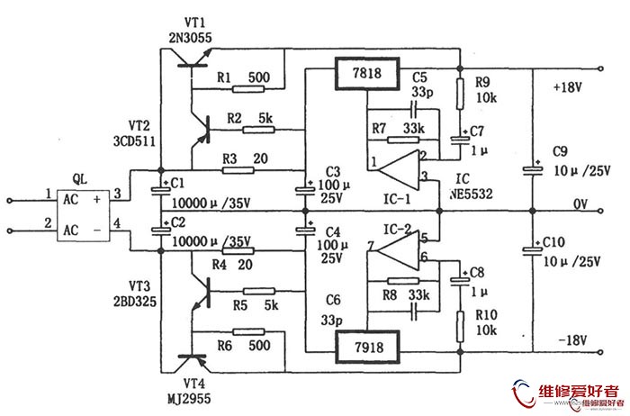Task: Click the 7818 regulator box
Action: pos(367,74)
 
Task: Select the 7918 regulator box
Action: pos(367,347)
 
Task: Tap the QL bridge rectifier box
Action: pos(83,215)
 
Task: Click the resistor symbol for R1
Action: pos(248,88)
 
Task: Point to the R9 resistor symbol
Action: pos(461,94)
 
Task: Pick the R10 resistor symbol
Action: pos(461,326)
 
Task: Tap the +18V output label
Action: pos(567,87)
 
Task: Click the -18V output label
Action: pos(572,340)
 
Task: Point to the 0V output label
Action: pos(580,204)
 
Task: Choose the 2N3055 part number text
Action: pos(190,38)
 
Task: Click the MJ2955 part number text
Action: pos(189,398)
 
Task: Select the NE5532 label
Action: pos(471,194)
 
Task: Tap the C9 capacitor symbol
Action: pos(533,170)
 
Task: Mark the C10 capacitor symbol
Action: pos(533,250)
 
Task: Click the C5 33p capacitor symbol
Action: pos(414,109)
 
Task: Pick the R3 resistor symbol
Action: pos(238,170)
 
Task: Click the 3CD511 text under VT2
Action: pos(134,141)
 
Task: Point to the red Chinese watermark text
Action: pos(579,390)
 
